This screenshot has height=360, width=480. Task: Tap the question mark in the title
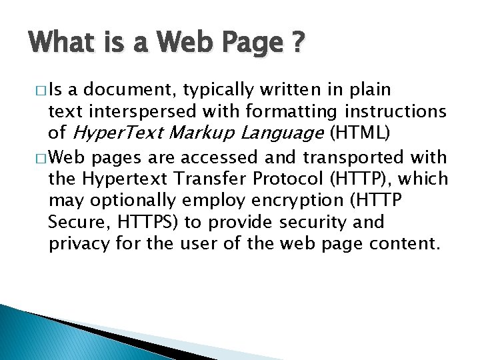298,43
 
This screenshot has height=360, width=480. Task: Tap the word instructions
400,111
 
